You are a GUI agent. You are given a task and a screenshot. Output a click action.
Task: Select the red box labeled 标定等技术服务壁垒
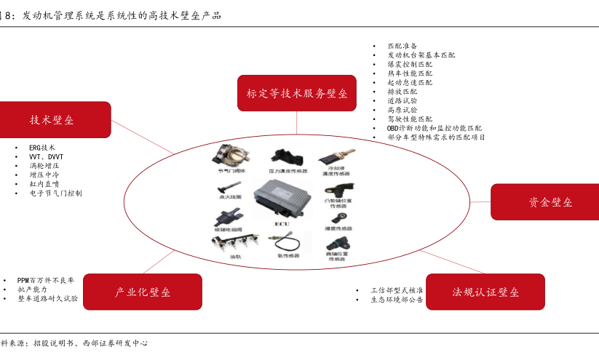click(296, 93)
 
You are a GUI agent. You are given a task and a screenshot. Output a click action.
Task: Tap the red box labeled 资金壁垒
click(546, 201)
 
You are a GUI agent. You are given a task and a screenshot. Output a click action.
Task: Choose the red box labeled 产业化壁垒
click(143, 292)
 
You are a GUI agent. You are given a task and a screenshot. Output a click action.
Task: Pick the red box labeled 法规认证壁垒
click(485, 292)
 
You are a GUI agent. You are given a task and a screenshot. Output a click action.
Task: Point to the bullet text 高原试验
click(402, 110)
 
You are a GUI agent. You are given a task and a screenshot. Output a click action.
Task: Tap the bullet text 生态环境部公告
click(397, 299)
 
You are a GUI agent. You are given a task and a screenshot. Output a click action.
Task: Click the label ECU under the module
click(282, 225)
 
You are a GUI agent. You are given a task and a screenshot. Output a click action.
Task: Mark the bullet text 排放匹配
click(402, 92)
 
